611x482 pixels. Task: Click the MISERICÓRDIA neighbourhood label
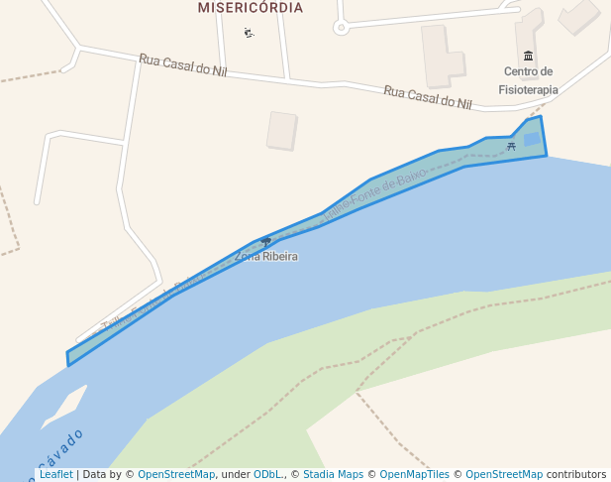(x=250, y=8)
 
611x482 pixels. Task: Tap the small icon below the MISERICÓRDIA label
(x=249, y=33)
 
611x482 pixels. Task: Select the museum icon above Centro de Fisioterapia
(x=528, y=56)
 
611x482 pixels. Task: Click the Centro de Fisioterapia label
(x=528, y=80)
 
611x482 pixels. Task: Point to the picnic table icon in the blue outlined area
(x=511, y=146)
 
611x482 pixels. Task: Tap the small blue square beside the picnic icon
(x=532, y=140)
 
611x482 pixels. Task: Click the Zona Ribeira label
(x=265, y=257)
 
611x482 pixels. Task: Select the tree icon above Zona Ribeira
(x=265, y=242)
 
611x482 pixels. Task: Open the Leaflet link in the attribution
(x=56, y=475)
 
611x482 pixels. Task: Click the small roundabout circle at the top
(x=341, y=27)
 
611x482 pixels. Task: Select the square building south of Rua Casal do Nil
(x=281, y=130)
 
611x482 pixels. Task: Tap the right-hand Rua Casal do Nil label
(x=427, y=96)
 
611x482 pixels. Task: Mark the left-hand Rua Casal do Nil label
(x=182, y=65)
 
